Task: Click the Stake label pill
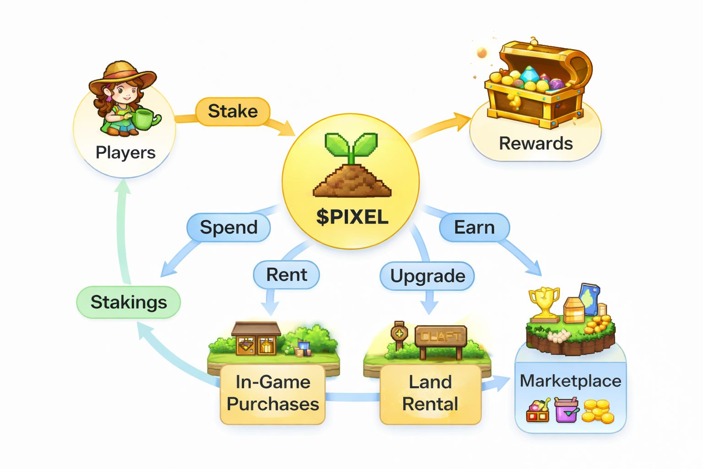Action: point(233,111)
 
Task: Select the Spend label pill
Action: point(228,227)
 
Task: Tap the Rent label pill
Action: point(287,275)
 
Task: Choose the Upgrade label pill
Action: point(427,276)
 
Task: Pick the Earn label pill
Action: point(474,227)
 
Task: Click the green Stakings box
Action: point(129,302)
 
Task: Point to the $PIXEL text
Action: point(352,217)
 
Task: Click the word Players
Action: point(125,153)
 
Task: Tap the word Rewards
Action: point(535,143)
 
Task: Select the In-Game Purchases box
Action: point(273,393)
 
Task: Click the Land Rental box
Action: point(430,393)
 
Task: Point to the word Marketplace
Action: point(570,381)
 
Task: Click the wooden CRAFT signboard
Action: point(440,337)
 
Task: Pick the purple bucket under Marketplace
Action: point(566,409)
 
